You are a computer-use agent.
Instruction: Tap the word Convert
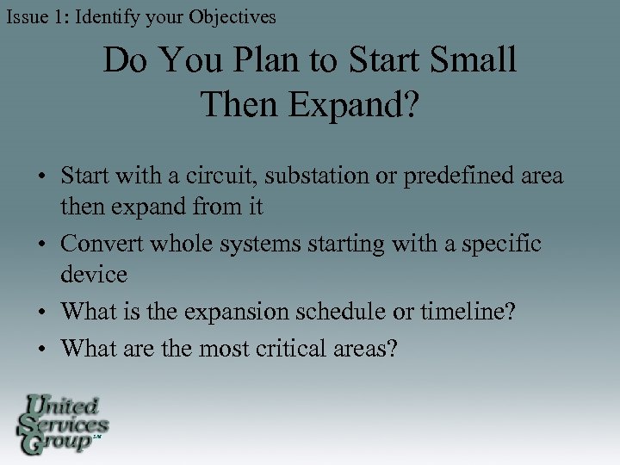tap(102, 245)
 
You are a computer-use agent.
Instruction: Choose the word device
tap(94, 276)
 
